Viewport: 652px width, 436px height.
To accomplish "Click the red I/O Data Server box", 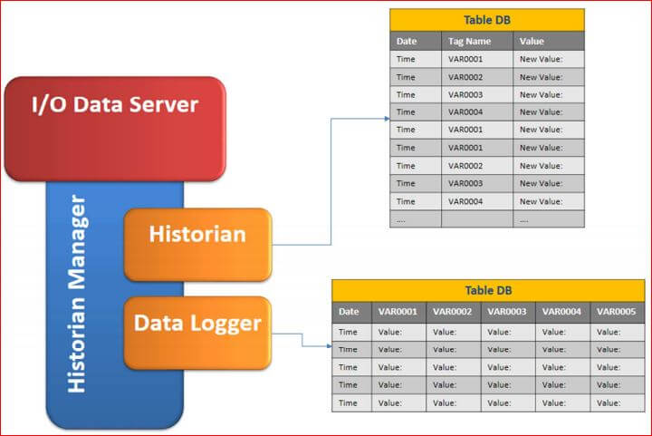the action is [x=115, y=129].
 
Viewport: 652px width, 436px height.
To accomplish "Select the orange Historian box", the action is [x=198, y=245].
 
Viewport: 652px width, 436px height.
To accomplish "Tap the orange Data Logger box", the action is [x=198, y=333].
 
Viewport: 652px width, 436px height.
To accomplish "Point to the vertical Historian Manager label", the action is [x=77, y=294].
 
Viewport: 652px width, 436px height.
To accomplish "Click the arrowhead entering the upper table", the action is [x=388, y=119].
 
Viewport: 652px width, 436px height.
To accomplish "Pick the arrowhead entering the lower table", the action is [x=330, y=346].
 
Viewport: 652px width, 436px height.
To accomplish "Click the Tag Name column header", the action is [x=469, y=41].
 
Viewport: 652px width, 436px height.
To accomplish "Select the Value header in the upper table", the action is [x=532, y=41].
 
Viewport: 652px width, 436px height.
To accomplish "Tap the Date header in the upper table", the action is [x=407, y=41].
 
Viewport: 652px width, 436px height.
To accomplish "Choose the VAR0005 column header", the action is [x=617, y=312].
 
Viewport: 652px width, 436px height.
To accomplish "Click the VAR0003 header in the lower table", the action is [x=507, y=312].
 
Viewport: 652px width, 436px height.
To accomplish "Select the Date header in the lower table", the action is [x=349, y=312].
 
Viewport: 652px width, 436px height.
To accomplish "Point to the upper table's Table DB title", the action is [x=487, y=20].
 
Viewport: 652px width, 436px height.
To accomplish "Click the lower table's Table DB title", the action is [x=488, y=290].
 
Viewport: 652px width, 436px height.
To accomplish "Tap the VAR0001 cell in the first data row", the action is [x=465, y=59].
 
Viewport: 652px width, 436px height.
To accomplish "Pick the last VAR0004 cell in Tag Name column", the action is [x=465, y=201].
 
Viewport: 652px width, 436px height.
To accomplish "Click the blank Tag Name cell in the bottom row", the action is [x=477, y=219].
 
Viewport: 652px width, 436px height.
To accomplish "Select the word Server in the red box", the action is [x=164, y=104].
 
